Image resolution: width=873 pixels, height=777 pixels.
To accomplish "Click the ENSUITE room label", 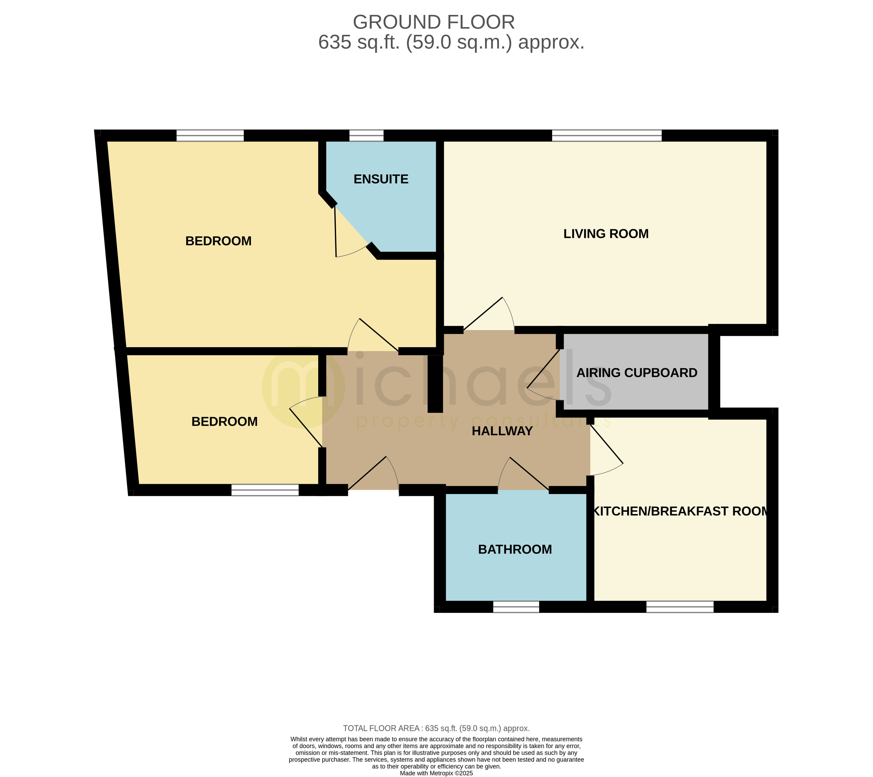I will (381, 179).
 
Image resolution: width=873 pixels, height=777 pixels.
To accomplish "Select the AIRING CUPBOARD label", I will (636, 373).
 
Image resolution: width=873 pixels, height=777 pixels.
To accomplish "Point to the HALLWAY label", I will (502, 431).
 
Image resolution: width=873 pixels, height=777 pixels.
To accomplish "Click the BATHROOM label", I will (515, 549).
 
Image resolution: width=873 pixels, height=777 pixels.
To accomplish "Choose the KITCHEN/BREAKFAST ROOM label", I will (680, 511).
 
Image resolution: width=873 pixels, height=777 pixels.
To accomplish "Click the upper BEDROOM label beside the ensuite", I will (218, 241).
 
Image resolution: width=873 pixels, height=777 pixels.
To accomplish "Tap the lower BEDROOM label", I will (224, 422).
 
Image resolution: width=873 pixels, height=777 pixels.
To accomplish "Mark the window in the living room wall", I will (606, 136).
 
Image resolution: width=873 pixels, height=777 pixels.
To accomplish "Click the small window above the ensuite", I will (366, 136).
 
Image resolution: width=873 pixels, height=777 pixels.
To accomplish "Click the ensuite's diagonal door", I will (350, 235).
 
